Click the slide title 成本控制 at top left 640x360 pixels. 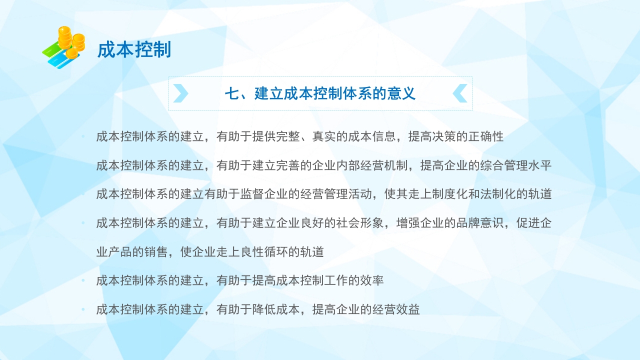134,50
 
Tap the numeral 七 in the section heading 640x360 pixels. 231,93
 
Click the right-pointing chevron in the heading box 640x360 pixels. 180,93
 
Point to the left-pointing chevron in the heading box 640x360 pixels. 460,93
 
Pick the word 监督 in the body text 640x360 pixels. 253,194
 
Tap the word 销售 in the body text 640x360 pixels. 156,251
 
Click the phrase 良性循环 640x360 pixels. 270,251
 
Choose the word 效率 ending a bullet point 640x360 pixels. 372,280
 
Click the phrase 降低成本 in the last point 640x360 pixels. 276,309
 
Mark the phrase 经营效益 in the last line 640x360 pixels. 396,309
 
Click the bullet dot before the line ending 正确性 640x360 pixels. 83,136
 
